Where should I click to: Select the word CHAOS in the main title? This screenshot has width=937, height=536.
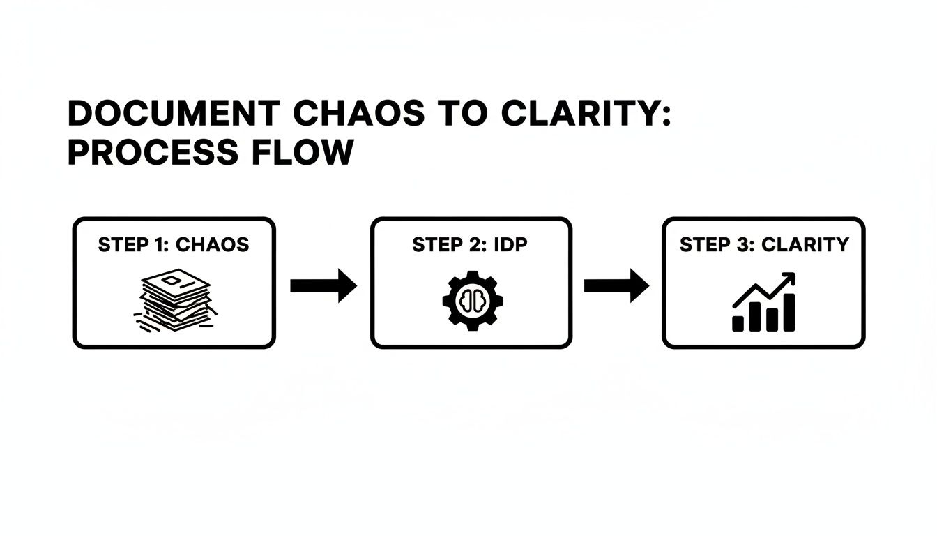(x=353, y=114)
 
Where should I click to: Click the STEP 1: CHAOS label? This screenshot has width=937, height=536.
(x=174, y=245)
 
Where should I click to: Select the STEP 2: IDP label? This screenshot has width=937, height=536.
(x=471, y=245)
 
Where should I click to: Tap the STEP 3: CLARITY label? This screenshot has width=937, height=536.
(x=764, y=245)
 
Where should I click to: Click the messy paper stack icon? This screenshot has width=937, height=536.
(x=174, y=301)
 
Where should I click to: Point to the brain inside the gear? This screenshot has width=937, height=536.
(x=472, y=301)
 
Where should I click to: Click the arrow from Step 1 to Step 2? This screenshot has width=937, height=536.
(x=323, y=286)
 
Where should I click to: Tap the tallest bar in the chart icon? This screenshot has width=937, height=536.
(x=789, y=312)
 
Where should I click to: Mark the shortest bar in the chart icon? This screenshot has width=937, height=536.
(x=738, y=323)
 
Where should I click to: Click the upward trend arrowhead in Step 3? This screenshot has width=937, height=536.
(x=790, y=278)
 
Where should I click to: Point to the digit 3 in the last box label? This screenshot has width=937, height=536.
(x=739, y=245)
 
